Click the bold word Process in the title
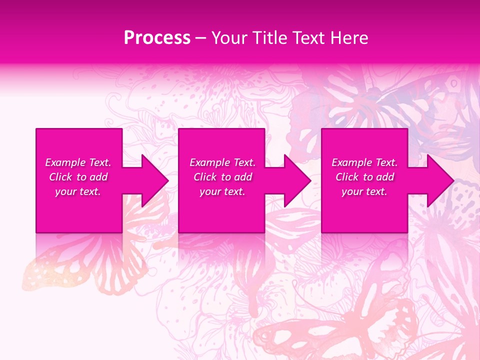[x=157, y=38]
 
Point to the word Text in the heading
[x=309, y=38]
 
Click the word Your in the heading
[x=229, y=38]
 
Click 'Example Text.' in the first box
[x=78, y=162]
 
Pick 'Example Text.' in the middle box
[x=222, y=162]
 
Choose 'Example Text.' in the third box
[x=364, y=162]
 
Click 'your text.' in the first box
[x=78, y=191]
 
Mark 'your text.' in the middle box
[x=222, y=191]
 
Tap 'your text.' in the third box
[x=364, y=191]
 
